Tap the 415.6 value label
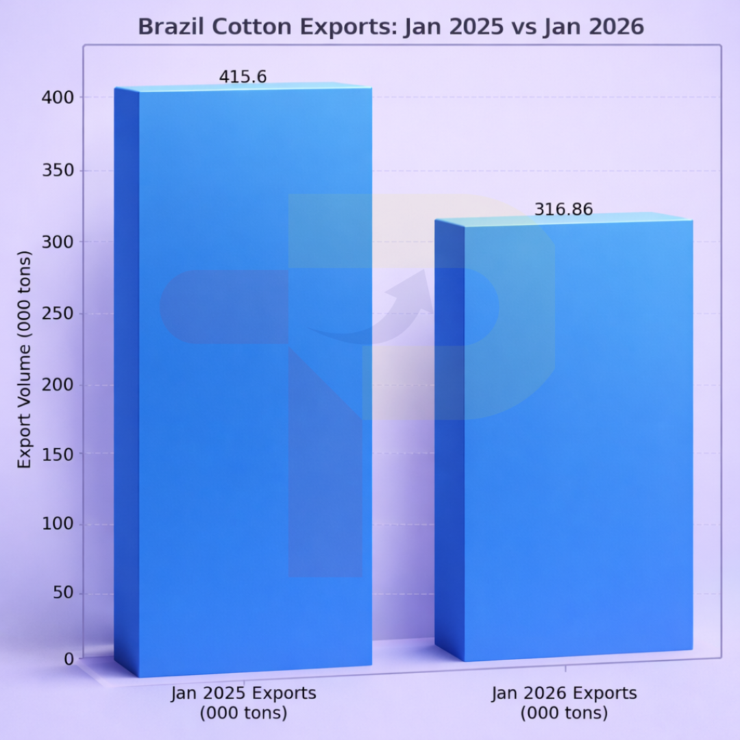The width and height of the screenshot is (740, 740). tap(243, 77)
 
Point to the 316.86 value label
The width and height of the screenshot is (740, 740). tap(563, 210)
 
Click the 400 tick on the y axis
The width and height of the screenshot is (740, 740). tap(59, 97)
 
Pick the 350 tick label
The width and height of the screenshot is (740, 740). tap(59, 171)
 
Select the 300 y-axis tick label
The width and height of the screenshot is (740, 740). tap(59, 242)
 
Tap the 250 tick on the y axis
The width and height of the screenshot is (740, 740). tap(59, 314)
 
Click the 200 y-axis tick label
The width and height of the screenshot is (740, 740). tap(59, 385)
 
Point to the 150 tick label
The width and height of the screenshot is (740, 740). tap(59, 454)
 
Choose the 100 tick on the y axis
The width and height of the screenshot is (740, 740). tap(59, 524)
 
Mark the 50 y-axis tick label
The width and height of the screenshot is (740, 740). tap(63, 593)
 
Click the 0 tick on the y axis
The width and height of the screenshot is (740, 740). tap(69, 659)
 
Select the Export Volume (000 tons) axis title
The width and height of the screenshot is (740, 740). tap(25, 360)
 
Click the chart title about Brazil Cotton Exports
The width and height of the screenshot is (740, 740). tap(391, 26)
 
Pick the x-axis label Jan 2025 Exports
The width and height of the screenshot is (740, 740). tap(243, 703)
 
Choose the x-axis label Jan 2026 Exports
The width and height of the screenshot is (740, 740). tap(564, 703)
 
